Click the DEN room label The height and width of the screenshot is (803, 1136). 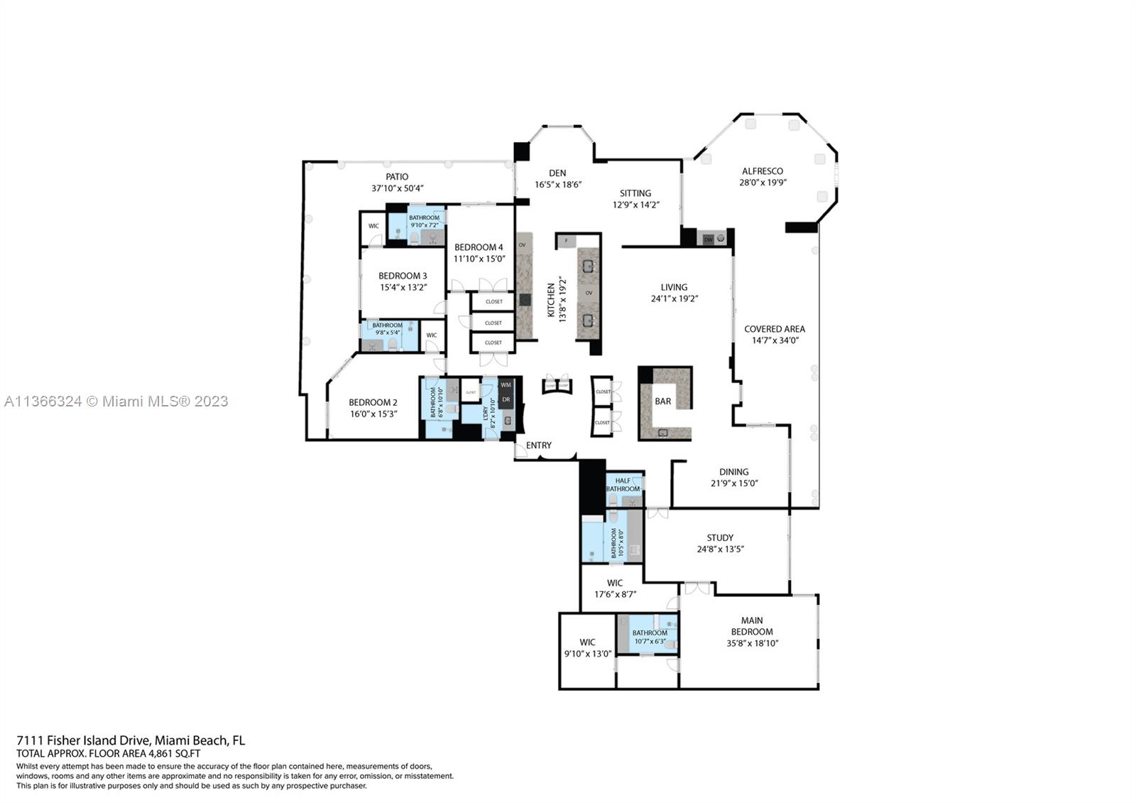pyautogui.click(x=557, y=173)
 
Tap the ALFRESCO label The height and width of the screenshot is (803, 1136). pyautogui.click(x=763, y=171)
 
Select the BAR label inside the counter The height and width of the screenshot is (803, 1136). pyautogui.click(x=662, y=401)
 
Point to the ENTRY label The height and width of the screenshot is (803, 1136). pyautogui.click(x=539, y=446)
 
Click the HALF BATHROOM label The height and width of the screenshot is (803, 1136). pyautogui.click(x=623, y=485)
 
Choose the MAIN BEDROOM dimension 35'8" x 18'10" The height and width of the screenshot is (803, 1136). pyautogui.click(x=752, y=643)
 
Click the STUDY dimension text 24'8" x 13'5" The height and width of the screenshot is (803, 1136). pyautogui.click(x=720, y=549)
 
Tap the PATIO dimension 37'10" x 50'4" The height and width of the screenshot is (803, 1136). pyautogui.click(x=398, y=188)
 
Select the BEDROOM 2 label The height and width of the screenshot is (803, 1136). pyautogui.click(x=373, y=402)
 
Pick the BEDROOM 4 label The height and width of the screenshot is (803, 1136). pyautogui.click(x=479, y=247)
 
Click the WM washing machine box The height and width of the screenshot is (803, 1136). pyautogui.click(x=506, y=385)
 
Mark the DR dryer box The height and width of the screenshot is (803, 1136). pyautogui.click(x=506, y=400)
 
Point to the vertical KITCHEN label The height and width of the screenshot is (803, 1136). pyautogui.click(x=551, y=300)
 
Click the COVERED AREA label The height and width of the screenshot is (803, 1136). pyautogui.click(x=774, y=329)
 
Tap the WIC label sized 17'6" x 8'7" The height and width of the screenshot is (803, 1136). pyautogui.click(x=615, y=583)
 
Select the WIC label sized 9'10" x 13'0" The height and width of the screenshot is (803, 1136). pyautogui.click(x=587, y=642)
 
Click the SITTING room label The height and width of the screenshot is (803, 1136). pyautogui.click(x=635, y=193)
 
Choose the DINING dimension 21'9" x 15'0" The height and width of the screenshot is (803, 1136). pyautogui.click(x=734, y=483)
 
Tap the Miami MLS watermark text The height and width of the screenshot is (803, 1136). pyautogui.click(x=116, y=401)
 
